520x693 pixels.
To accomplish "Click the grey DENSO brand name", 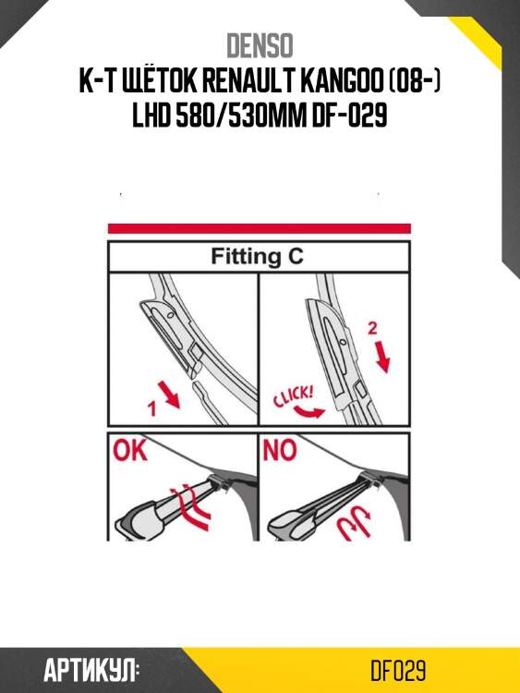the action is click(260, 45).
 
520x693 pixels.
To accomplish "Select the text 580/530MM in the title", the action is click(241, 115).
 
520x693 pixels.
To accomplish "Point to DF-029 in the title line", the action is click(349, 115).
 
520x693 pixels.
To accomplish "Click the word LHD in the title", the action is click(151, 115).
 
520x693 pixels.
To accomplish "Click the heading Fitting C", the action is click(257, 256).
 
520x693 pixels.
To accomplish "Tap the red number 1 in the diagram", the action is click(152, 407).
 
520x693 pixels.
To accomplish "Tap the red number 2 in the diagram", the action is click(372, 328).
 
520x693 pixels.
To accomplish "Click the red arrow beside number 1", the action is click(173, 396).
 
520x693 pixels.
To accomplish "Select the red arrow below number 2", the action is click(384, 357).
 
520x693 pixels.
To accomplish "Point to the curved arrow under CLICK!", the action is click(310, 412).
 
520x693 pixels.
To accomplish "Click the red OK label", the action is click(129, 450).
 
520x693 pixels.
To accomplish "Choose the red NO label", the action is click(280, 450).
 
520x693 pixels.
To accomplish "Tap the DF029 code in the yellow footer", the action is click(398, 671).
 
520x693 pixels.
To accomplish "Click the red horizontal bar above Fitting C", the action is click(260, 228).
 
